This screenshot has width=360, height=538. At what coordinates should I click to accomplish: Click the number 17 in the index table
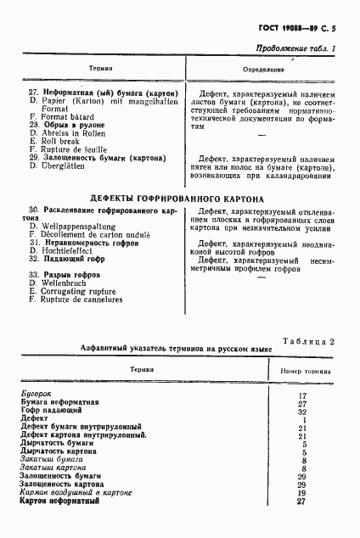coord(301,395)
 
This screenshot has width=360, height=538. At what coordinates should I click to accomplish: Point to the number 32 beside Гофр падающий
coord(301,412)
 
